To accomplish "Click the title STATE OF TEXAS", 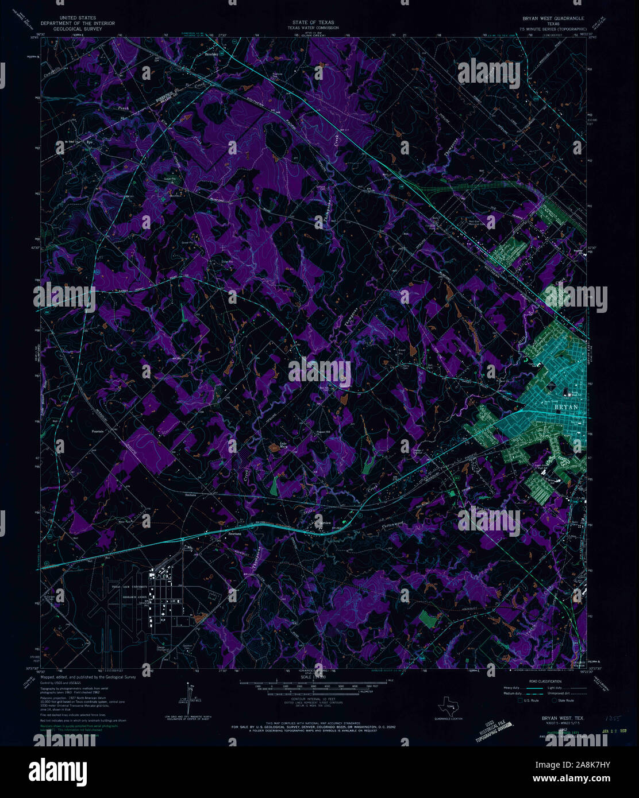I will tap(313, 22).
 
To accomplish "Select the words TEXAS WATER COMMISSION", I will tap(313, 28).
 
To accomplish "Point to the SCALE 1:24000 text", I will tap(313, 677).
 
